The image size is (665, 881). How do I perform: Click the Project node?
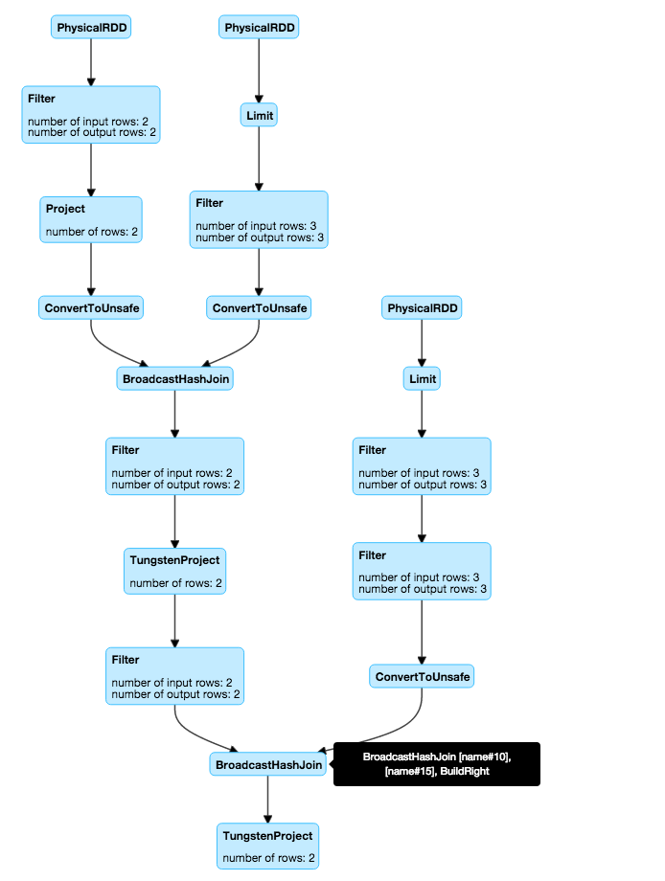pos(91,218)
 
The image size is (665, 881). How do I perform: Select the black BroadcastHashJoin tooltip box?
pos(436,764)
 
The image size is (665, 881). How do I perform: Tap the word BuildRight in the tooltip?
pos(465,771)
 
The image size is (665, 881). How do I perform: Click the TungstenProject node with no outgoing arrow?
pos(267,847)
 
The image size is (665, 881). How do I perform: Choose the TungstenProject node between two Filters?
pos(174,571)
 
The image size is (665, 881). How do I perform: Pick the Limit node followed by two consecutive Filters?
pos(422,379)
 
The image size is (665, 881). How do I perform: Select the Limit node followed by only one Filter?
pos(259,116)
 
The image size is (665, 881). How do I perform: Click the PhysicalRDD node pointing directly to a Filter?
pos(91,29)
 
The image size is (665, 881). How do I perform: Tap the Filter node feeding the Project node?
pos(91,115)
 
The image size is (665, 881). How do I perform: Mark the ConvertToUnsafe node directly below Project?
pos(91,307)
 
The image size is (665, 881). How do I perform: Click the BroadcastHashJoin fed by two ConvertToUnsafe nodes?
pos(174,379)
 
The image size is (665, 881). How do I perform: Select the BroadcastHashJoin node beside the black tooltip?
pos(267,764)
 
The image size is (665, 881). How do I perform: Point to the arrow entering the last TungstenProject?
pos(267,799)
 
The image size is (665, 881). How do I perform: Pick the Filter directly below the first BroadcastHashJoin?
pos(174,466)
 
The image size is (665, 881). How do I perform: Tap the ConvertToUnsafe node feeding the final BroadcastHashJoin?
pos(422,677)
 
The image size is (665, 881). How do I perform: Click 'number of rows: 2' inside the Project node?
pos(92,231)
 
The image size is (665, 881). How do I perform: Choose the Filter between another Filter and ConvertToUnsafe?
pos(422,571)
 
